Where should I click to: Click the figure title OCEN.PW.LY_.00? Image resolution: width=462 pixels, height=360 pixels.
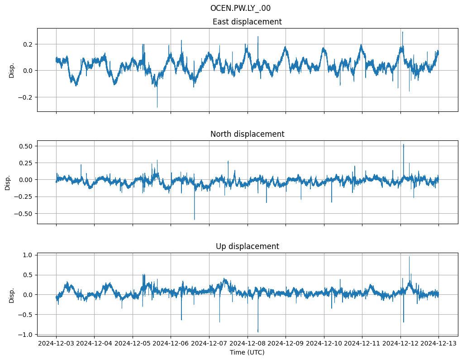click(x=240, y=8)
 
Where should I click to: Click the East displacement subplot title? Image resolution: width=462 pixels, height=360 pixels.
click(x=247, y=22)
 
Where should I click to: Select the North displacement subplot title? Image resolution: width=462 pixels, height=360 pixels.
click(x=247, y=134)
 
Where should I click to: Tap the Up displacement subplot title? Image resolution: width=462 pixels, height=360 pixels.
click(x=247, y=246)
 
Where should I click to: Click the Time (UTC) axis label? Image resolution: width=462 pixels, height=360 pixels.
click(x=247, y=352)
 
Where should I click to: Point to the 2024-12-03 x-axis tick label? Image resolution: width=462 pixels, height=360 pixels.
click(x=56, y=344)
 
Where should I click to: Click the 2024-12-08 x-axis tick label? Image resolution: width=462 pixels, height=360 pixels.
click(x=248, y=344)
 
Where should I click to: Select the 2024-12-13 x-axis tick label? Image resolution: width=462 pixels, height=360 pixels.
click(x=438, y=344)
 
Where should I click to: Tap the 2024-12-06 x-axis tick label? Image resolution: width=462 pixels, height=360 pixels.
click(x=171, y=344)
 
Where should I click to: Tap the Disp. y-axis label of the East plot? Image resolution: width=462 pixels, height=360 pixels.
click(x=12, y=70)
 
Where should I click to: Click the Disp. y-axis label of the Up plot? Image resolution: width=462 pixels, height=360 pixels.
click(x=12, y=294)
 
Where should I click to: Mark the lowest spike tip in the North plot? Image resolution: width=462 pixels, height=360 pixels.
click(x=195, y=220)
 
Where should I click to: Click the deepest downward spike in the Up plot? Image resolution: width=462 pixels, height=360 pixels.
click(x=258, y=332)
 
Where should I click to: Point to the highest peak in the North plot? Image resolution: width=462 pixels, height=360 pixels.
click(x=404, y=144)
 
